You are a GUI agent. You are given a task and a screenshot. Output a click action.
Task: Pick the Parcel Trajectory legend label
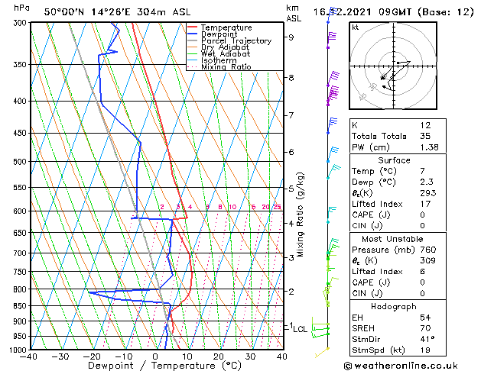236,41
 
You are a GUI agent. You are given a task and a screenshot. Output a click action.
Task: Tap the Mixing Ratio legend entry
226,67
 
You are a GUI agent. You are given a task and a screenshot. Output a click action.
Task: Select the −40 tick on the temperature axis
31,356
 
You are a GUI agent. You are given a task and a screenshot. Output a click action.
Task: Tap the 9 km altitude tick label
291,37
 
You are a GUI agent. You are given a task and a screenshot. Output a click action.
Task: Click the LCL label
300,329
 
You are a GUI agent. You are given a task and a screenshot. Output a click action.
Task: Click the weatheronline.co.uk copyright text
413,365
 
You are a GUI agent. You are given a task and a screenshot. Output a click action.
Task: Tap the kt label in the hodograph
356,27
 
